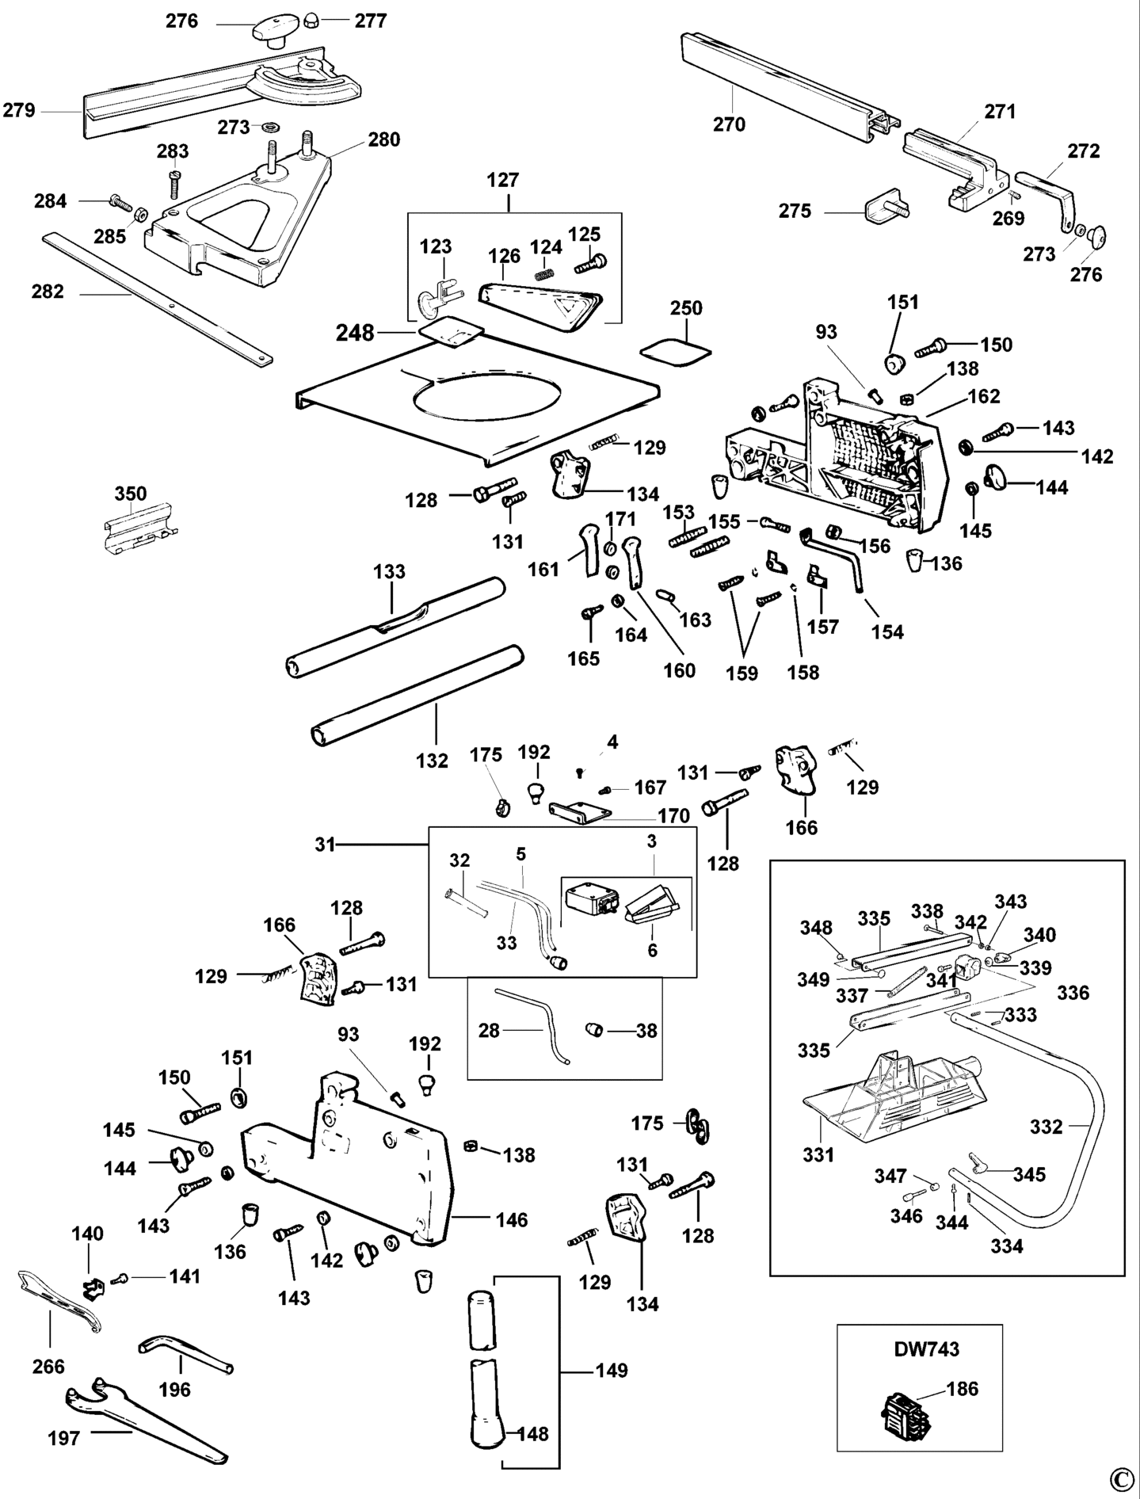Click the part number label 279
(x=19, y=110)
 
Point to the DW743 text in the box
(x=926, y=1348)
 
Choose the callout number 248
(x=354, y=334)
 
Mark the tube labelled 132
(x=416, y=696)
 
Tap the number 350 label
(x=131, y=494)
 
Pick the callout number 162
(x=984, y=396)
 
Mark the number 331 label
(x=818, y=1154)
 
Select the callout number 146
(x=512, y=1219)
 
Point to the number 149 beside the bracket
(x=611, y=1370)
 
